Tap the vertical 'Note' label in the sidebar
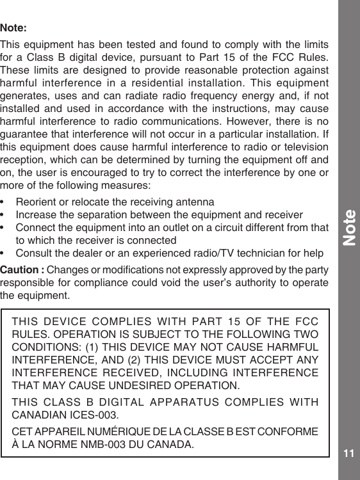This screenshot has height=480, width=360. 349,228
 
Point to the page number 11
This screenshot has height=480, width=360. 348,454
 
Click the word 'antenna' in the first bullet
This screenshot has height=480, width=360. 196,202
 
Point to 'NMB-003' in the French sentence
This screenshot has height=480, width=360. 106,444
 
